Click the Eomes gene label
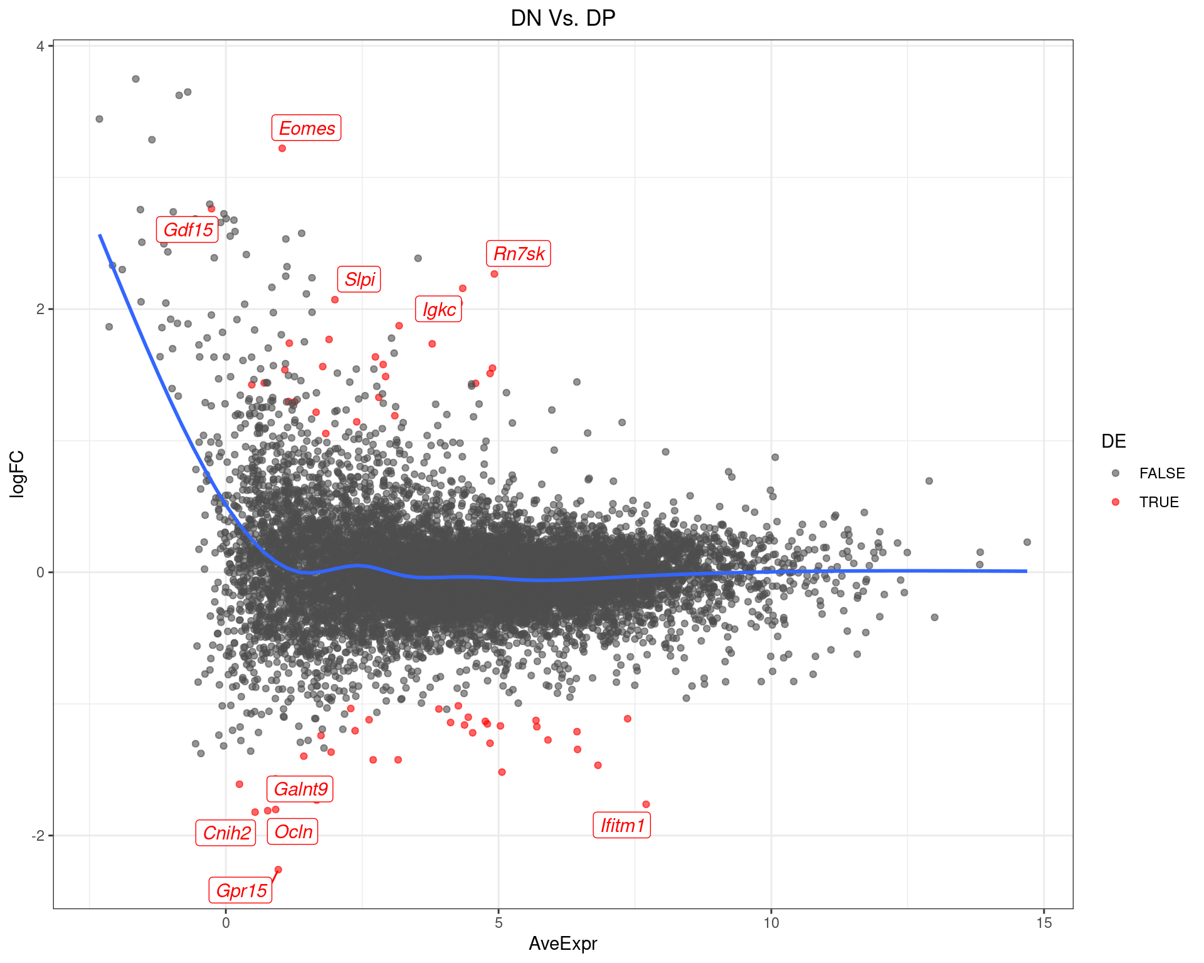pyautogui.click(x=307, y=128)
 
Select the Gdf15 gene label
pyautogui.click(x=187, y=229)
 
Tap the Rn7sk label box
pyautogui.click(x=519, y=253)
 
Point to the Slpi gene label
pyautogui.click(x=359, y=279)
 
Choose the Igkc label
pyautogui.click(x=438, y=309)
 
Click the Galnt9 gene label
pyautogui.click(x=300, y=789)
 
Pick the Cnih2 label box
pyautogui.click(x=226, y=833)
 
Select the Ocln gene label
pyautogui.click(x=293, y=831)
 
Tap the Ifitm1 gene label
pyautogui.click(x=622, y=825)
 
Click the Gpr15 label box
pyautogui.click(x=241, y=890)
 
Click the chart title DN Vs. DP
pyautogui.click(x=562, y=18)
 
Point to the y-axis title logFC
pyautogui.click(x=17, y=474)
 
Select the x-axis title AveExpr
pyautogui.click(x=562, y=944)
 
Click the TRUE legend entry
pyautogui.click(x=1158, y=502)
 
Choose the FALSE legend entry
pyautogui.click(x=1161, y=473)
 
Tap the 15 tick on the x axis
pyautogui.click(x=1044, y=923)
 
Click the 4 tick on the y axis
pyautogui.click(x=40, y=46)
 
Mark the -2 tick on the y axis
pyautogui.click(x=38, y=836)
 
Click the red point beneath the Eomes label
pyautogui.click(x=282, y=149)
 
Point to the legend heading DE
pyautogui.click(x=1113, y=441)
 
